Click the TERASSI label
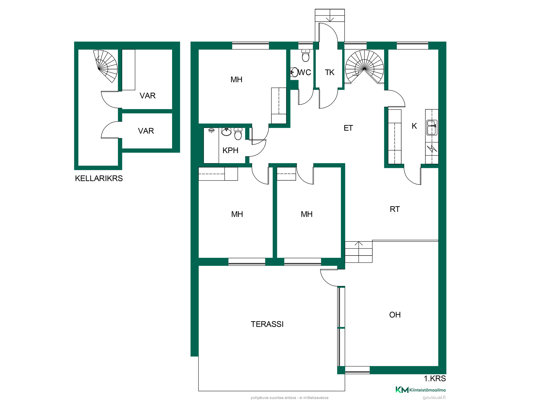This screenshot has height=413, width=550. point(267,324)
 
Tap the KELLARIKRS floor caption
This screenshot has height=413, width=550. point(99,178)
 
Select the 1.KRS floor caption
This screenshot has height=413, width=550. point(435,379)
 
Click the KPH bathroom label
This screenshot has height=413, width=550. point(230,150)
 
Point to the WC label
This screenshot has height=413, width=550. point(304,72)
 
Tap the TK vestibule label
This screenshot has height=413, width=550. point(329,72)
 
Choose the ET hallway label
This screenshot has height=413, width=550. point(348,128)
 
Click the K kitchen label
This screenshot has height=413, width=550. point(414,126)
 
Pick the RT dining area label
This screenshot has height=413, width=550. point(395,209)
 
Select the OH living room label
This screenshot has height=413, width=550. point(395,315)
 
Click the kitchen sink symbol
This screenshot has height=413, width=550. point(432,127)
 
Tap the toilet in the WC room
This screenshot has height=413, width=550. point(306,55)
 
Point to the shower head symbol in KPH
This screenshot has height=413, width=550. point(211,130)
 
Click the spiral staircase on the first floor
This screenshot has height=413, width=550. point(364,67)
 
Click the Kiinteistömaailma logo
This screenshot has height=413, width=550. point(420,390)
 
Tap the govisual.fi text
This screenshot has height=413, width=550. point(434,398)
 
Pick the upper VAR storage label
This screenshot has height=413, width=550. point(148,96)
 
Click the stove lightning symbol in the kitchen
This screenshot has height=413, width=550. point(432,149)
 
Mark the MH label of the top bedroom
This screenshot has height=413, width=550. point(237,80)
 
